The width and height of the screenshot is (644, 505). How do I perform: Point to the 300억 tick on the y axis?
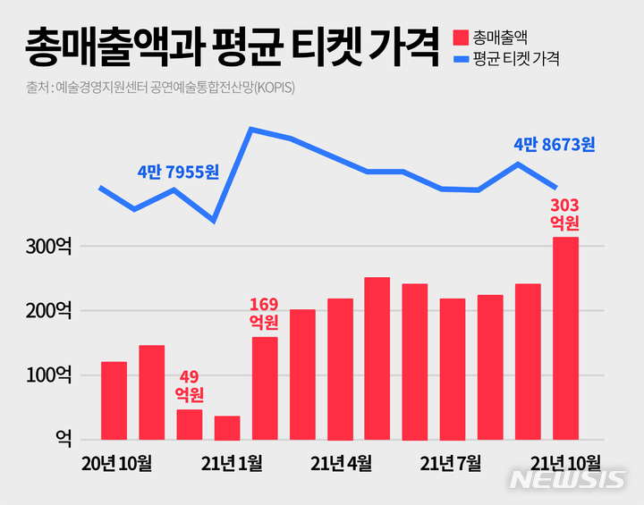(50, 247)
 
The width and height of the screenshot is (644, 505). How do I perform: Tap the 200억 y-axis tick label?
(50, 311)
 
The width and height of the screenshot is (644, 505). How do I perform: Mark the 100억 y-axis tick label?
(50, 375)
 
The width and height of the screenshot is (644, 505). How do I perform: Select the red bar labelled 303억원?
(565, 340)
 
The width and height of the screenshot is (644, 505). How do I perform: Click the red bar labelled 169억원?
(265, 389)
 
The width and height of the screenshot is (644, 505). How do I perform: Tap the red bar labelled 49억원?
(189, 425)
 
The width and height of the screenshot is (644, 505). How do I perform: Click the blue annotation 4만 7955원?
(178, 171)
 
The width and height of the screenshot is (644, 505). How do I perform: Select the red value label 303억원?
(564, 214)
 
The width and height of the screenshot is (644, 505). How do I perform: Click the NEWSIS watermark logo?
(567, 480)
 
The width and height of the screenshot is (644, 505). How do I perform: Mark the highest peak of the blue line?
(251, 130)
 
